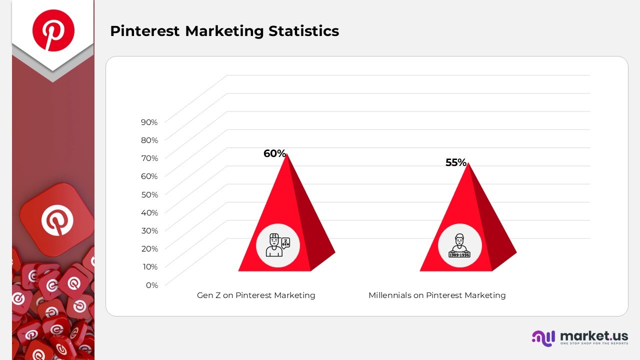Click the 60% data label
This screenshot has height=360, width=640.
pos(274,153)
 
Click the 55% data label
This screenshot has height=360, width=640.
pos(456,162)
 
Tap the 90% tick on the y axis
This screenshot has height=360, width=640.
pos(149,122)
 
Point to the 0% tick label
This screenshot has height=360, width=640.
pos(152,285)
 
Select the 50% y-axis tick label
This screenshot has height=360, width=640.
pos(149,195)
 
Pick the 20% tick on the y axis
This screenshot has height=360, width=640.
pos(149,249)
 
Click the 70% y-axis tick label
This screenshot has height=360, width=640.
pos(149,158)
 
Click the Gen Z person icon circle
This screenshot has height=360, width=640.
pos(277,245)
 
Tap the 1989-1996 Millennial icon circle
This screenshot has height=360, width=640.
pos(459,245)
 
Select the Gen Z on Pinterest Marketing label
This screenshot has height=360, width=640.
pos(256,295)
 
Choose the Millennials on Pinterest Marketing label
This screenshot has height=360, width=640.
pos(437,295)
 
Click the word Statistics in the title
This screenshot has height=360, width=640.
pos(303,31)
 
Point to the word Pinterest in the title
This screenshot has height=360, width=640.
pos(145,31)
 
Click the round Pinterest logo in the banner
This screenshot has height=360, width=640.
pos(53,30)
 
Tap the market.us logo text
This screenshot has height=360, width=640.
pos(594,335)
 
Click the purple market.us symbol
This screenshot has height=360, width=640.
pos(543,338)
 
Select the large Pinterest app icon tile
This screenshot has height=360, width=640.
pos(57,219)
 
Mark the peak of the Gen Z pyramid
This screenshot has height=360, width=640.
pos(286,153)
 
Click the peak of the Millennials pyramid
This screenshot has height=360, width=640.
pos(468,163)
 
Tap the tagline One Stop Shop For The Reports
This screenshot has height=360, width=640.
pos(594,343)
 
